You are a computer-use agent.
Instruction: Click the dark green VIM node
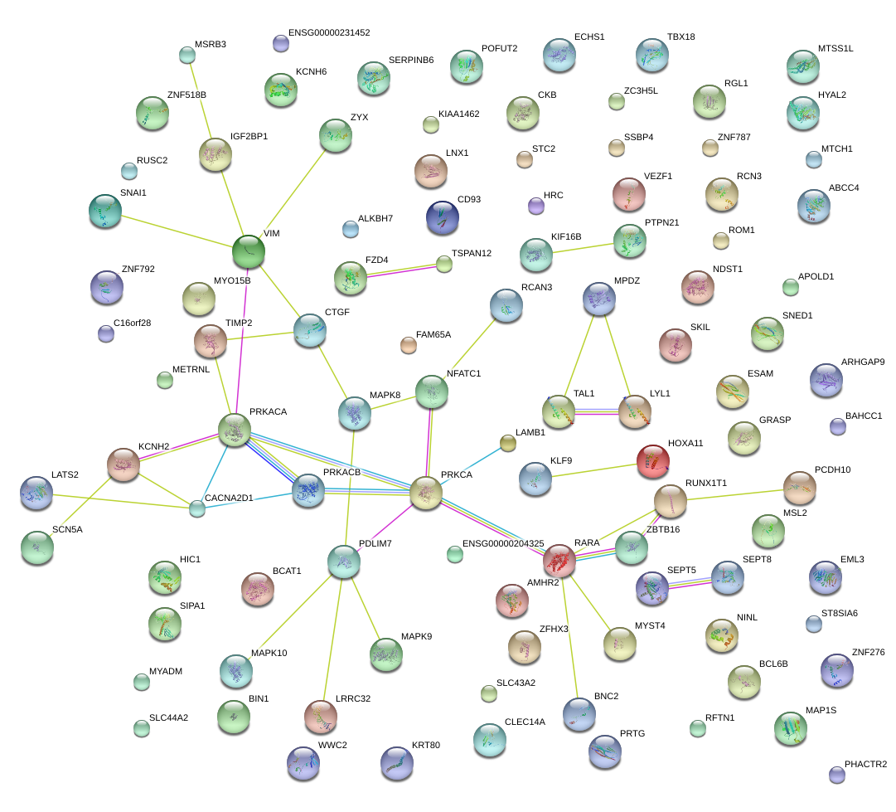[247, 251]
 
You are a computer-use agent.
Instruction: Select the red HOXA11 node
[652, 460]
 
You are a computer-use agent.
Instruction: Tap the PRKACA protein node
[235, 429]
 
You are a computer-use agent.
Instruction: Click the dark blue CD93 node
[442, 216]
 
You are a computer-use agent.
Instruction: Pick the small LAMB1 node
[508, 444]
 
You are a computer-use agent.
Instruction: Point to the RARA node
[559, 561]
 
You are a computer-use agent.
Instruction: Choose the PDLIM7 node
[344, 562]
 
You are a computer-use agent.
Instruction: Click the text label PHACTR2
[865, 764]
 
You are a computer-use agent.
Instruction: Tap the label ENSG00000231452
[329, 33]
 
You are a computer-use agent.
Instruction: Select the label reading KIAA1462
[459, 114]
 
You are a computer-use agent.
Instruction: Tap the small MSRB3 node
[187, 56]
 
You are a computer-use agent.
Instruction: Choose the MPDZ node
[599, 299]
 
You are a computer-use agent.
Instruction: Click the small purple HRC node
[535, 205]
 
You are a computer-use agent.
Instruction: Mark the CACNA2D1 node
[196, 508]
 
